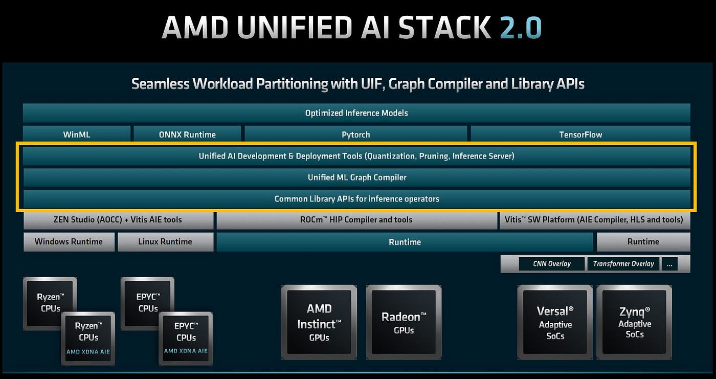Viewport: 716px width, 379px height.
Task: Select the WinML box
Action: coord(77,135)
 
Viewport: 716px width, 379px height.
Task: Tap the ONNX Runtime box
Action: coord(187,135)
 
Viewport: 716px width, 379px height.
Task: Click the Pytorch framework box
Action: coord(356,135)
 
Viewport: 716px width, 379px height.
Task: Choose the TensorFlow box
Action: coord(580,135)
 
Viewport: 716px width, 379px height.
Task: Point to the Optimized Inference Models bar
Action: coord(356,113)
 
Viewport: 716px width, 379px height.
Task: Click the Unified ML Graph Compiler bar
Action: coord(357,177)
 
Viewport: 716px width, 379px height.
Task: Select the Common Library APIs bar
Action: coord(357,199)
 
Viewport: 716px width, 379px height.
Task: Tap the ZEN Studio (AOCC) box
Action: coord(118,220)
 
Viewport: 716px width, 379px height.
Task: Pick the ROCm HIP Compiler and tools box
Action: coord(356,220)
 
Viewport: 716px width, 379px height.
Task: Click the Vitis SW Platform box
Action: coord(594,220)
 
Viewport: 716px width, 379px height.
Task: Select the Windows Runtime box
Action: coord(69,241)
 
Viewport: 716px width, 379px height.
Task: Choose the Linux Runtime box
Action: coord(165,241)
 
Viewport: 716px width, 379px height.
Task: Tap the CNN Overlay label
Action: coord(552,264)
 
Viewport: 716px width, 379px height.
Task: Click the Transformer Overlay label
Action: coord(623,264)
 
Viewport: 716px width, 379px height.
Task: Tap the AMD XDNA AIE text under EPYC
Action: coord(186,351)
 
